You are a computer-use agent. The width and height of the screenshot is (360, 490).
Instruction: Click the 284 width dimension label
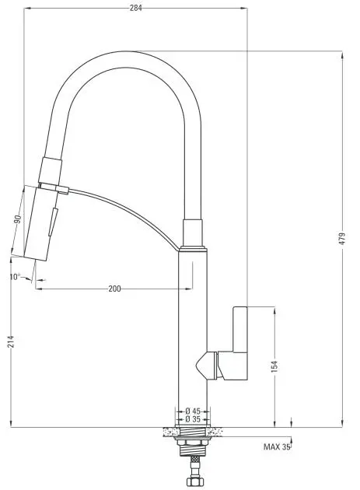click(x=135, y=8)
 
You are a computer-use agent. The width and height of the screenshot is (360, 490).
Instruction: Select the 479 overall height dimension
click(x=342, y=239)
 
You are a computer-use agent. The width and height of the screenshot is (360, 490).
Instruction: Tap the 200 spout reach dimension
click(x=114, y=289)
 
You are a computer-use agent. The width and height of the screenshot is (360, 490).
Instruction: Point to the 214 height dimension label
click(x=11, y=341)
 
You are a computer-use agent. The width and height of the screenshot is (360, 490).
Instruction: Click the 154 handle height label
click(x=274, y=366)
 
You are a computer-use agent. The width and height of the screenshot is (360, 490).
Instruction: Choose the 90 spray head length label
click(x=18, y=219)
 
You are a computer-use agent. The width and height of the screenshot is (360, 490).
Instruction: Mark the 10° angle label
click(x=15, y=277)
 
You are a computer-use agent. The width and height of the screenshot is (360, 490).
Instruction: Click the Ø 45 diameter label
click(x=193, y=411)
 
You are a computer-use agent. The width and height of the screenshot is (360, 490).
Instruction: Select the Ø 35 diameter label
click(x=193, y=419)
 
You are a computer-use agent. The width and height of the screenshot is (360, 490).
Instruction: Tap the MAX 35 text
click(x=277, y=447)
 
